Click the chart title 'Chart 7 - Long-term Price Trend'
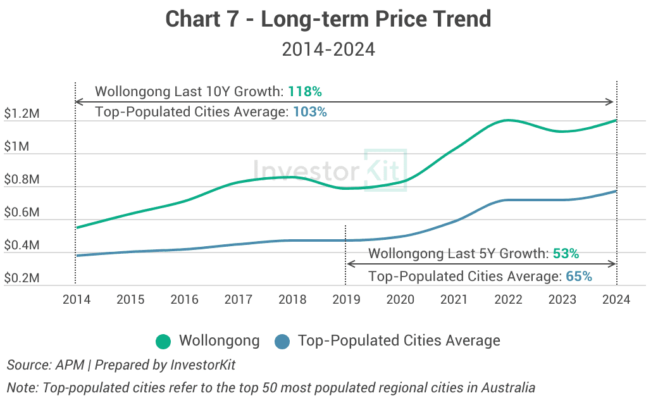328,19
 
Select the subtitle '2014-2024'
328,49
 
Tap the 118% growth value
305,92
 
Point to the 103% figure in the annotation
309,112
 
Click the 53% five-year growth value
566,254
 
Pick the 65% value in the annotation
579,276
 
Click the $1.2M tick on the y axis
22,115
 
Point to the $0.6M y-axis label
22,213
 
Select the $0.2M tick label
22,278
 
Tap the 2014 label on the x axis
76,299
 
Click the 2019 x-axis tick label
346,299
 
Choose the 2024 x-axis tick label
616,299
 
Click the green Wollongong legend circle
163,342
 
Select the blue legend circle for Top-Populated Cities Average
282,342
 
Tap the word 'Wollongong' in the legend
219,340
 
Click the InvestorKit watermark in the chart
329,170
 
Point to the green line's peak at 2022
507,120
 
